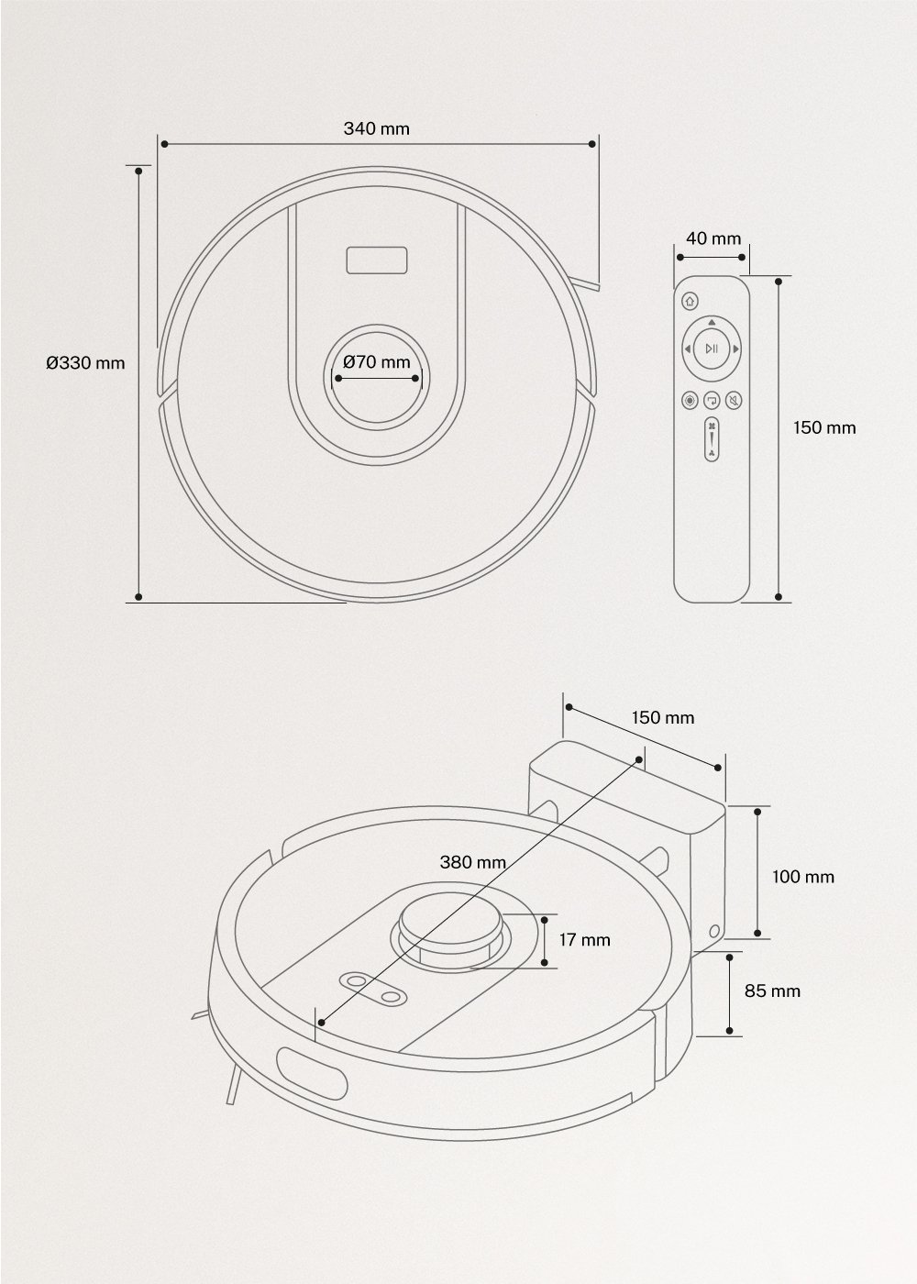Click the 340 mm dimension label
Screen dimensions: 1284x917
[x=377, y=128]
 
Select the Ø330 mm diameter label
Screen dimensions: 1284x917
[x=85, y=362]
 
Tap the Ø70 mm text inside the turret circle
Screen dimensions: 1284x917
[x=377, y=361]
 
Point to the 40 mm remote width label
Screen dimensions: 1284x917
[x=713, y=238]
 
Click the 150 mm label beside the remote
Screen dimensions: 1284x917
[x=824, y=427]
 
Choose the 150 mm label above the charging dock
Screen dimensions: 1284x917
[x=663, y=717]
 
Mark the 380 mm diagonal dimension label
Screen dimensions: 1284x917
[x=473, y=862]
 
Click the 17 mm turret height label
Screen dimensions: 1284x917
[x=584, y=939]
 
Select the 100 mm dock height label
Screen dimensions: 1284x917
[x=803, y=877]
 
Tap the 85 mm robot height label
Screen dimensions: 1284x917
[x=773, y=991]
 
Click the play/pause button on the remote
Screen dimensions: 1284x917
[x=712, y=349]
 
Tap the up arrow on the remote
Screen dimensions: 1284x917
[x=713, y=323]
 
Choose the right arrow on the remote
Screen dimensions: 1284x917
[x=736, y=349]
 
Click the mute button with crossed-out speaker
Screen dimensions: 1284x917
[x=734, y=401]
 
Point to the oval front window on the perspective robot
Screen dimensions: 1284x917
[x=311, y=1075]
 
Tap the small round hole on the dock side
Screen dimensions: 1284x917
[x=714, y=932]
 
